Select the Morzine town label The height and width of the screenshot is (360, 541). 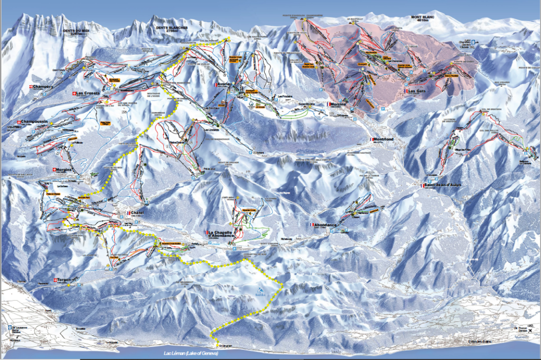[342, 105]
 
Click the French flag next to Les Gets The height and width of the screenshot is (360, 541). [406, 91]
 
